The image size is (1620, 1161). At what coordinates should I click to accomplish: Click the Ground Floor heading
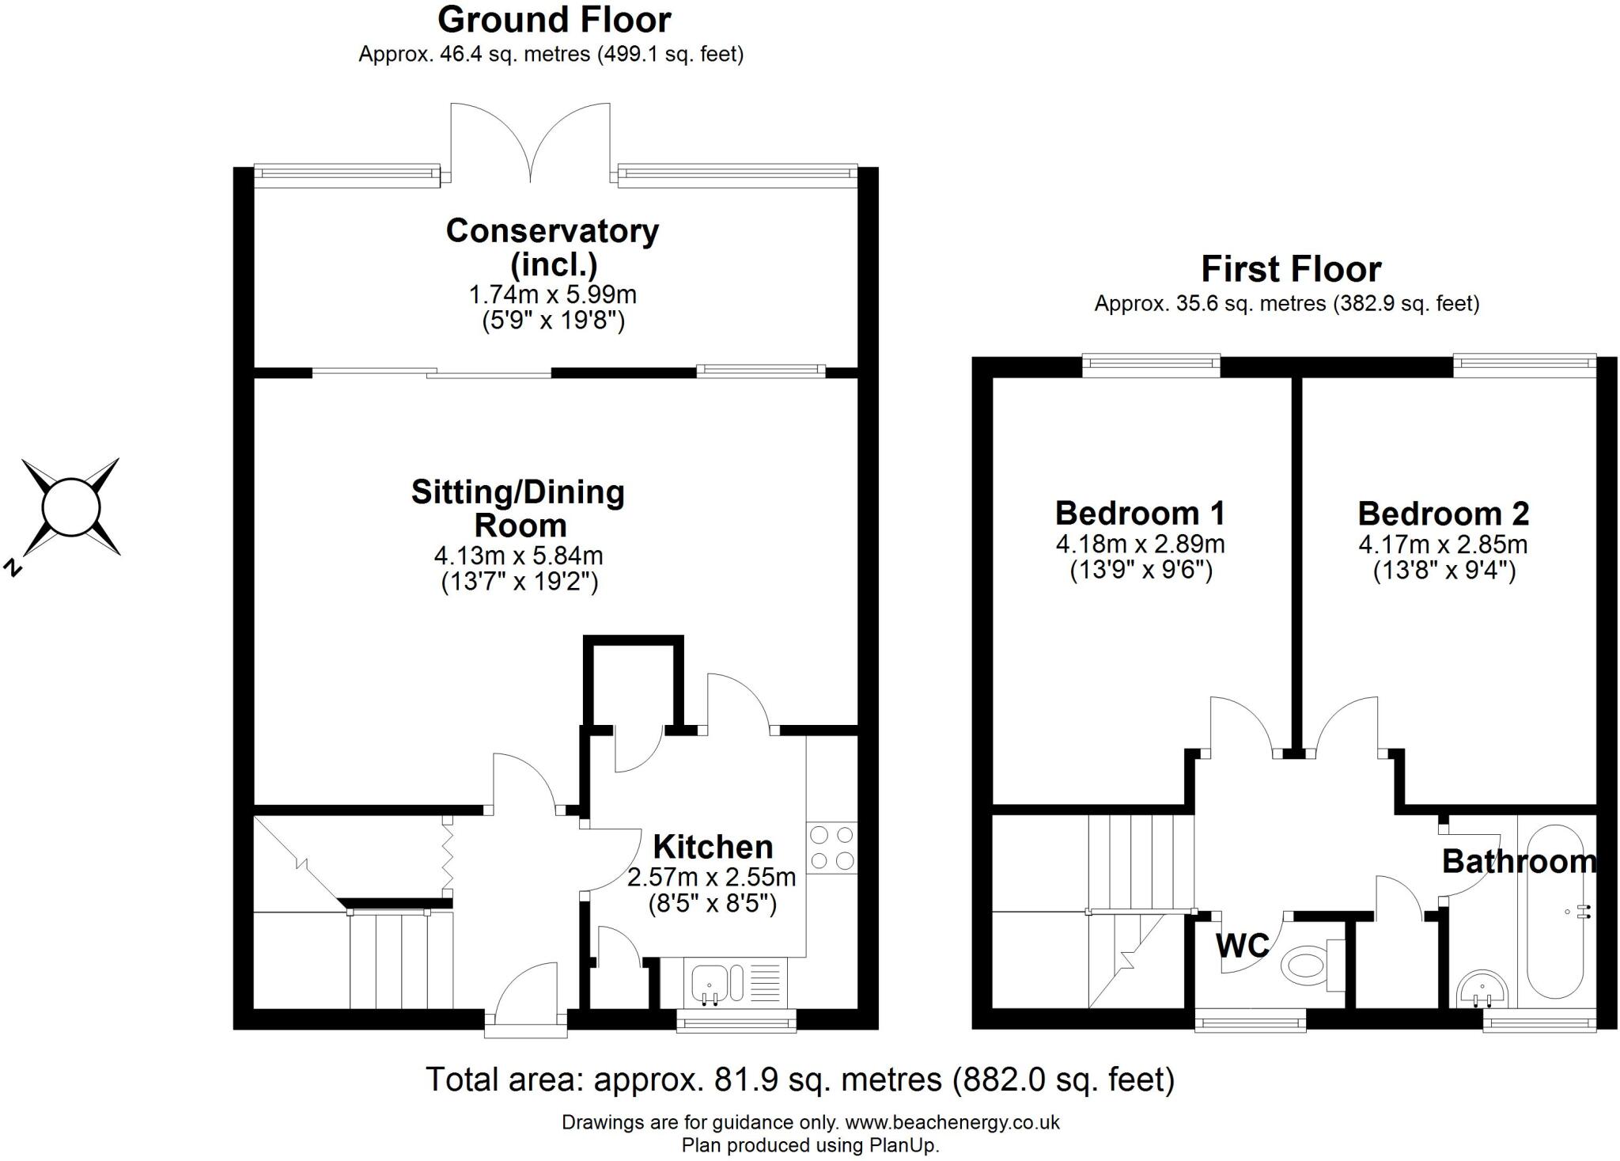[554, 20]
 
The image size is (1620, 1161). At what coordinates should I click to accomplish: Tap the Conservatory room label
[552, 231]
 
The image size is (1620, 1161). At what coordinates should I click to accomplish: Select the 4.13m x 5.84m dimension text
[518, 556]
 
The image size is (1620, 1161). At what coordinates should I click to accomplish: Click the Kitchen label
[713, 848]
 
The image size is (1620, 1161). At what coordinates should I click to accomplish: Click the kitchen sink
[710, 984]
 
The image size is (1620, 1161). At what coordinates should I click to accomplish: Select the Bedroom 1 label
[1140, 514]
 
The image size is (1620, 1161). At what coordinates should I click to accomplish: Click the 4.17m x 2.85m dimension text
[1443, 544]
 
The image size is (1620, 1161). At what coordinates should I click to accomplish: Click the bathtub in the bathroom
[1554, 910]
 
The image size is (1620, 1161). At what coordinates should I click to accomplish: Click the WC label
[1243, 945]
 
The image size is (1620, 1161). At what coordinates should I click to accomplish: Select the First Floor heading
[1291, 269]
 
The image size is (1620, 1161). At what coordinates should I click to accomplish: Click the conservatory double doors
[530, 142]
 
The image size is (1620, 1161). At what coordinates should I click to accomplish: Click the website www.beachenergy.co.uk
[952, 1122]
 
